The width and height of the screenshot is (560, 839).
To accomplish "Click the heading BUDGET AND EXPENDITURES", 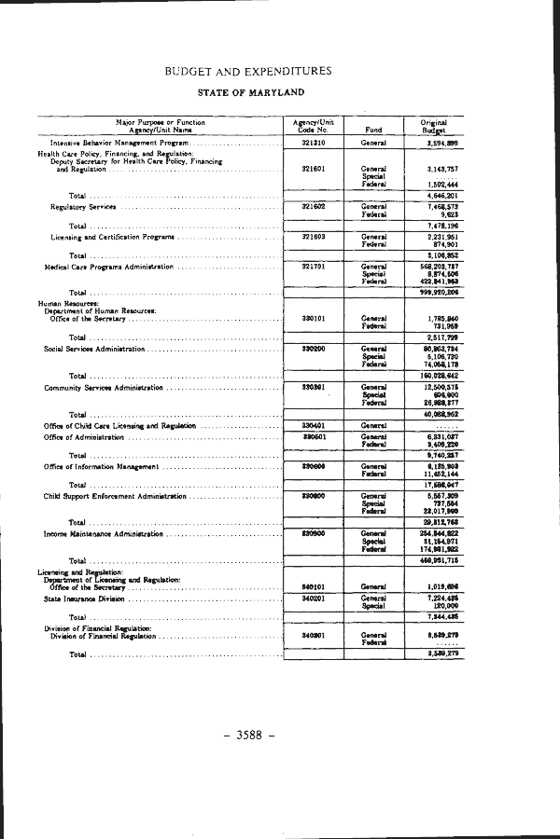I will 247,71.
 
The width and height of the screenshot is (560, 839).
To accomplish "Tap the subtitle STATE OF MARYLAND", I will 251,92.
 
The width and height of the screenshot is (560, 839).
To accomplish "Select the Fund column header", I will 373,130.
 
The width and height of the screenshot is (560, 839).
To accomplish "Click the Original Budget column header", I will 434,126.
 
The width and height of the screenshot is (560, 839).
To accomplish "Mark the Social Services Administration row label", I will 94,349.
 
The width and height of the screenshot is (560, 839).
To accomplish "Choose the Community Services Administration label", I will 103,387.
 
